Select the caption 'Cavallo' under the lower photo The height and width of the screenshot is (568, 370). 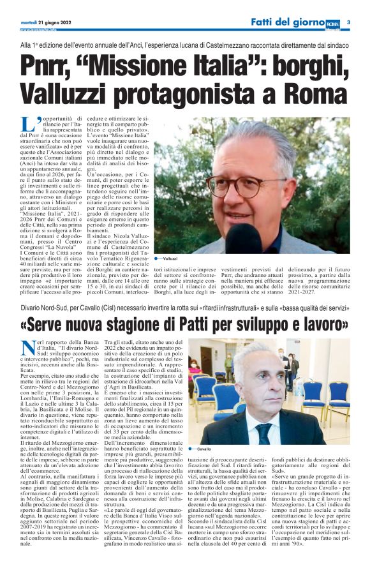click(x=205, y=449)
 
